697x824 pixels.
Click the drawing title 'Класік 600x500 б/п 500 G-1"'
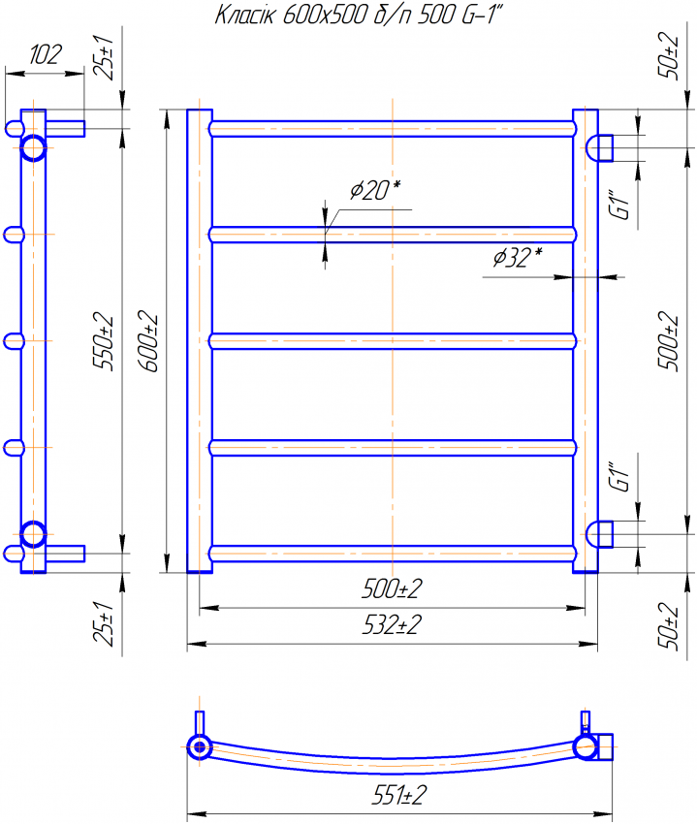pyautogui.click(x=359, y=16)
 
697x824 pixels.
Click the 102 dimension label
pyautogui.click(x=46, y=54)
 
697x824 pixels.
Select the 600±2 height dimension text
pyautogui.click(x=148, y=341)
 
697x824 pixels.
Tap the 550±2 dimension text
pyautogui.click(x=104, y=341)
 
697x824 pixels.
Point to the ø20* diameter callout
pyautogui.click(x=375, y=190)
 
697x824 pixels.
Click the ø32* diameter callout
pyautogui.click(x=518, y=257)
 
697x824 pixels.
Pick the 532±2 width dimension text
pyautogui.click(x=393, y=625)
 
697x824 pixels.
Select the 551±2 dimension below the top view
pyautogui.click(x=399, y=795)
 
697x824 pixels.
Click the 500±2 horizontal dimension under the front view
pyautogui.click(x=393, y=588)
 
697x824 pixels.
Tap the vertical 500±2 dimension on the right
pyautogui.click(x=669, y=341)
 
